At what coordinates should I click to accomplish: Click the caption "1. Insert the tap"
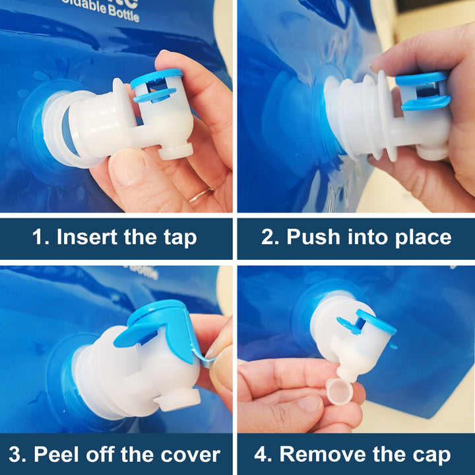tap(115, 237)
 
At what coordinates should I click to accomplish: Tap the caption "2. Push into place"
tap(356, 237)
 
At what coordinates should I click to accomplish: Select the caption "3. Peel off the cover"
tap(115, 455)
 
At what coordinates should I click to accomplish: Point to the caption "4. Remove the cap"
tap(356, 455)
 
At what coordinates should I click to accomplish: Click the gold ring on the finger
tap(201, 195)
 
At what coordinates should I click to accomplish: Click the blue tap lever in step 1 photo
tap(156, 86)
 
